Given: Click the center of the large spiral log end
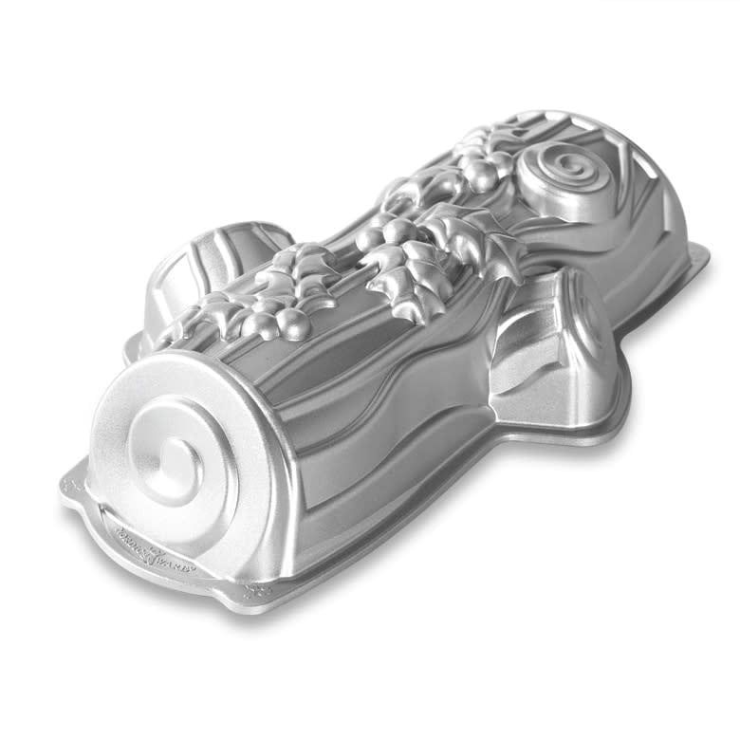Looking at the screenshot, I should (x=173, y=453).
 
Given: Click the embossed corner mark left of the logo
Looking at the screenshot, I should (x=72, y=485).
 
